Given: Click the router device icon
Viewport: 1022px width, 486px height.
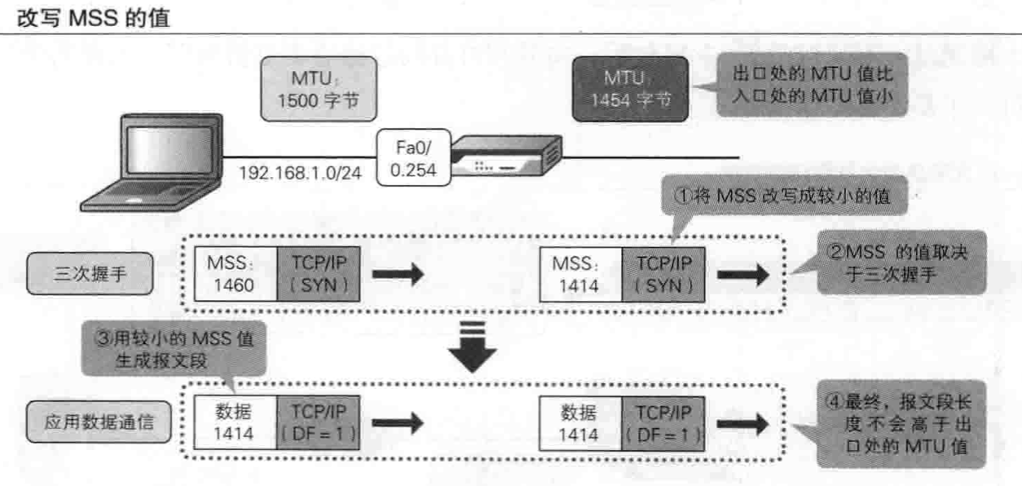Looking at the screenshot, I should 506,157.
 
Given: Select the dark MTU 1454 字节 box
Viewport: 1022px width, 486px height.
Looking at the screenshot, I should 628,90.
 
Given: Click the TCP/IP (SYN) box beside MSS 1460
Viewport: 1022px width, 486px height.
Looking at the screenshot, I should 316,273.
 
